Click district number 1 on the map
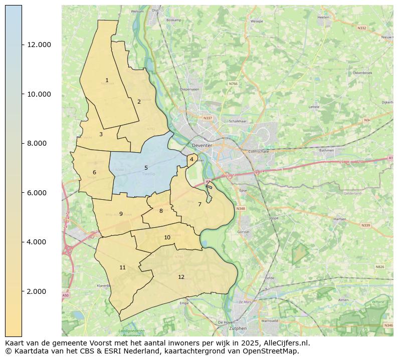tap(107, 80)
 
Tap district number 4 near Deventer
tap(191, 159)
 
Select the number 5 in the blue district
tap(146, 168)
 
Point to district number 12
tap(181, 277)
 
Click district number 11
tap(122, 267)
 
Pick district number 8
tap(161, 211)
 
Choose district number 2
tap(139, 102)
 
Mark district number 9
tap(121, 214)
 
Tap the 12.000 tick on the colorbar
tap(39, 45)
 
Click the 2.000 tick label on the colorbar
tap(39, 291)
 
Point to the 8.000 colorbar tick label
tap(39, 143)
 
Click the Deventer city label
tap(202, 146)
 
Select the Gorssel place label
tap(243, 232)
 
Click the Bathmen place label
tap(326, 150)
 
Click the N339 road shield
tap(365, 225)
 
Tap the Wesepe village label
tap(257, 22)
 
